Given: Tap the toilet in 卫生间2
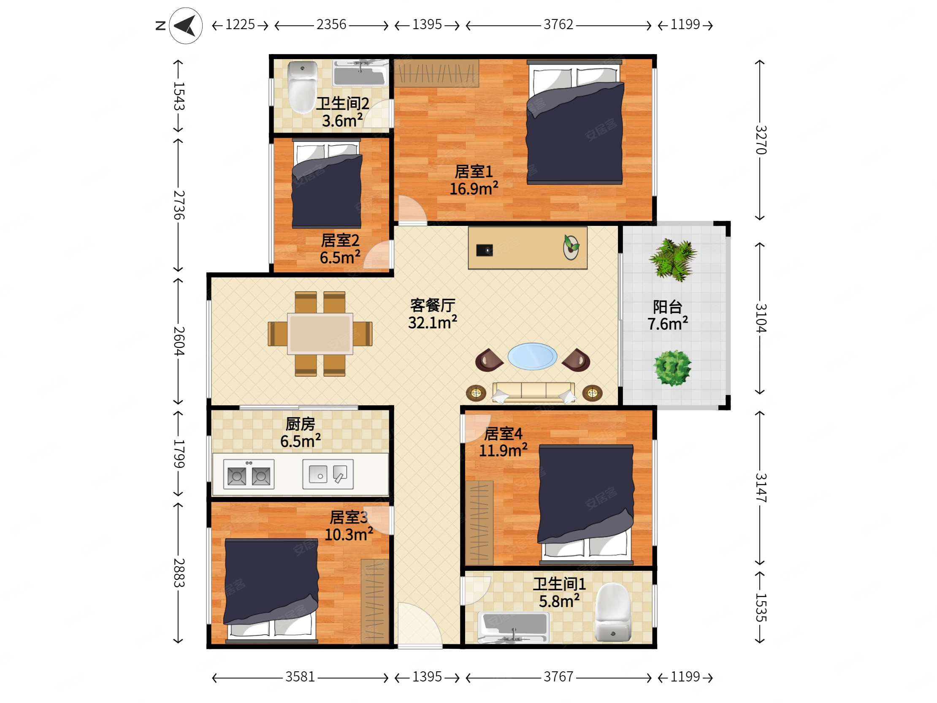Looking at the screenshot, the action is click(302, 87).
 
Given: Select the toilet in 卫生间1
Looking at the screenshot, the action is click(612, 612).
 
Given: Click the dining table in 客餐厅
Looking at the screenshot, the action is click(320, 334).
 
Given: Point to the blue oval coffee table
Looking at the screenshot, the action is click(532, 356).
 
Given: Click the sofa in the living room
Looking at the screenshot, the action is click(533, 392).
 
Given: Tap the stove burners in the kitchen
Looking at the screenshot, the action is click(249, 474).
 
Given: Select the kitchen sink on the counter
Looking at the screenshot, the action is click(328, 474).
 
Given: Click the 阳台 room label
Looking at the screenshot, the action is click(668, 307).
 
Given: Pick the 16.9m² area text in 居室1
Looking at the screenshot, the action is click(474, 189).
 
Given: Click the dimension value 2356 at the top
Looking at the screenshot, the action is click(331, 24).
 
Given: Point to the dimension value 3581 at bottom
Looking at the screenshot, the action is click(300, 677).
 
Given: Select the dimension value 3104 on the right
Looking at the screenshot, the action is click(761, 318).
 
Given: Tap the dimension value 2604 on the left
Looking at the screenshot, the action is click(179, 341).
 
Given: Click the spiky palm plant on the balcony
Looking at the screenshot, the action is click(673, 259).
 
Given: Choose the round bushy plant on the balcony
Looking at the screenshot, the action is click(672, 368).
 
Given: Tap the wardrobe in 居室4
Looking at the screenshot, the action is click(479, 523).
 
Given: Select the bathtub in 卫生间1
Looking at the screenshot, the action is click(513, 627).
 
